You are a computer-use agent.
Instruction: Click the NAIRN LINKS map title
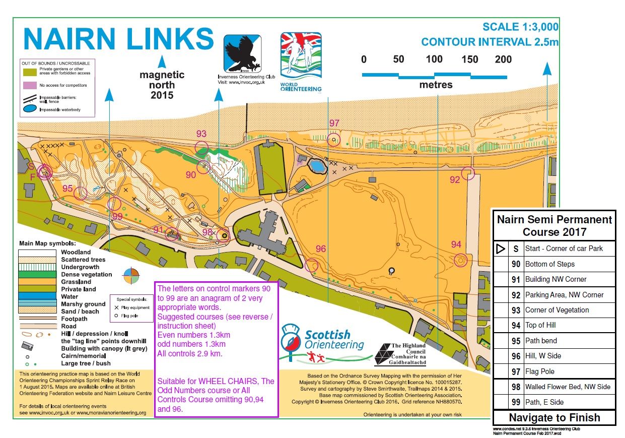(x=119, y=39)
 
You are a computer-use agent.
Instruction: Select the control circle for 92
(x=468, y=173)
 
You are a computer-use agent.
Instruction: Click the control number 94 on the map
(x=456, y=244)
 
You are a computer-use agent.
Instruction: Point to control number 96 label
(x=321, y=249)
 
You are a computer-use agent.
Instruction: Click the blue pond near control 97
(x=317, y=166)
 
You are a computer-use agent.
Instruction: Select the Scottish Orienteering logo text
(x=334, y=340)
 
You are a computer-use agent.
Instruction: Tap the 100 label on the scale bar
(x=434, y=59)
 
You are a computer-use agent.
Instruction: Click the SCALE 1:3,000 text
(x=520, y=27)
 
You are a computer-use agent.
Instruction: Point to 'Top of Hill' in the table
(x=540, y=326)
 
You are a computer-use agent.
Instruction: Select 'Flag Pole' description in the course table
(x=539, y=371)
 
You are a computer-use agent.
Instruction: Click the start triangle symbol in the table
(x=501, y=248)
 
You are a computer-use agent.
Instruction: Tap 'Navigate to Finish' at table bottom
(x=554, y=417)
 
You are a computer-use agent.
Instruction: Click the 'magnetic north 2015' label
(x=162, y=85)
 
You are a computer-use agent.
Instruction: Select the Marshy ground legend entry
(x=83, y=304)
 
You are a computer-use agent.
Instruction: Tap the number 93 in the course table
(x=516, y=310)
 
